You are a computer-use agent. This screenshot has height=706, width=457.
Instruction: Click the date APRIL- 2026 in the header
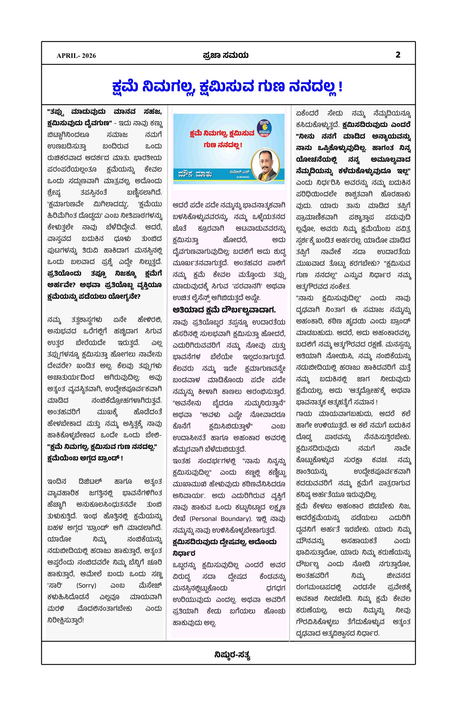pos(76,56)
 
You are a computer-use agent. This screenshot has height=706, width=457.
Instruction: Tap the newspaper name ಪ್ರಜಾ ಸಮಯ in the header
pos(225,55)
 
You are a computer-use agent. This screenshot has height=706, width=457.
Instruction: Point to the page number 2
pos(398,55)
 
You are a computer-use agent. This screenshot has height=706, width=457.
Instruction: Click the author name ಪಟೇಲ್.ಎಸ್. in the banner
pos(240,172)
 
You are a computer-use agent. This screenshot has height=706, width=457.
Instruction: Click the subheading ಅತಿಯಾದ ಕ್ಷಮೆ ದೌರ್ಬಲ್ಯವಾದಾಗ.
pos(224,310)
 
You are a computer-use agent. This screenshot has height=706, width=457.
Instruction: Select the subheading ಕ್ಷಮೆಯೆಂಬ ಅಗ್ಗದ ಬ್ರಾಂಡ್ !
pos(85,458)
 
